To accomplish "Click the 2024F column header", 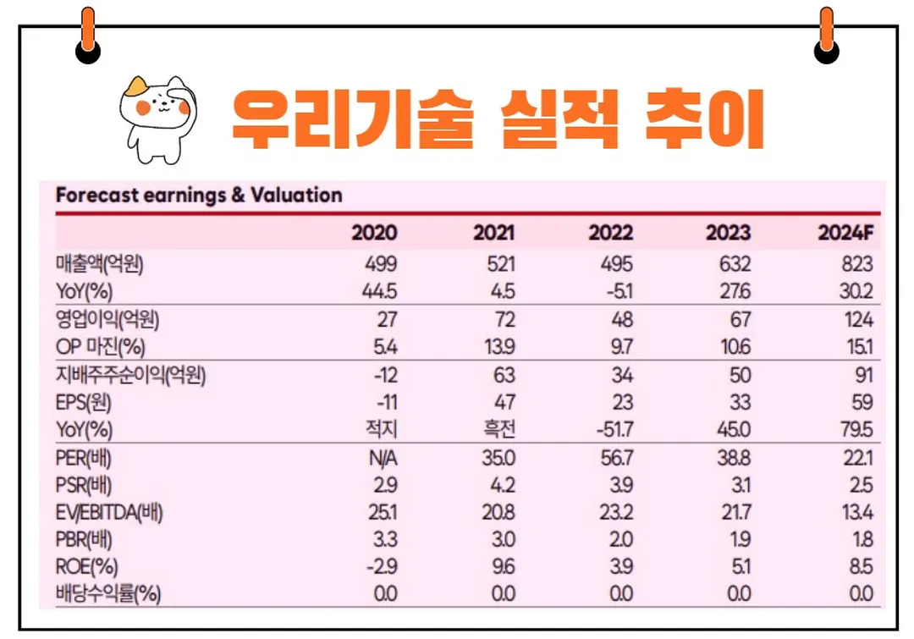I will [845, 234].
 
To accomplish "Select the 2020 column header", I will [374, 234].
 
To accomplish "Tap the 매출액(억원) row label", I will [99, 264].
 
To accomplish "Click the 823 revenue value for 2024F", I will [856, 264].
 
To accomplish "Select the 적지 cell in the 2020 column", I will [380, 430].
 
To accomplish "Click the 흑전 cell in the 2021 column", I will [498, 430].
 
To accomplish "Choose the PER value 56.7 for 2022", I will [613, 458].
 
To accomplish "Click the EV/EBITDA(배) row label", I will [109, 512].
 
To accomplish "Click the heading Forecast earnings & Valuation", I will [199, 196].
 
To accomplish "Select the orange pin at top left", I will [87, 38].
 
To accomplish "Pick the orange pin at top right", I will [826, 38].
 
